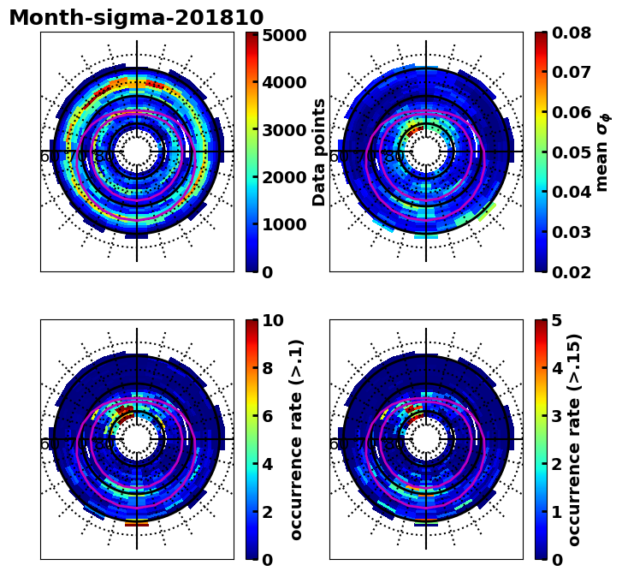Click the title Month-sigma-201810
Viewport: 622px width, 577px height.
click(x=136, y=18)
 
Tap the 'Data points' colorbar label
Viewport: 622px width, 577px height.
click(x=320, y=152)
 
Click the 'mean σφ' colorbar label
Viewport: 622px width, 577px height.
click(x=602, y=152)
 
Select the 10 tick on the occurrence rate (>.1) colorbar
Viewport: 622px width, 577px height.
click(x=273, y=321)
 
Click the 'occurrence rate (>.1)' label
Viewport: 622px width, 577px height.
click(x=296, y=439)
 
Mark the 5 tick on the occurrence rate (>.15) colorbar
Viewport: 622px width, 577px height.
click(x=557, y=321)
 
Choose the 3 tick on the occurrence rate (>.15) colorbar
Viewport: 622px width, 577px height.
click(x=557, y=416)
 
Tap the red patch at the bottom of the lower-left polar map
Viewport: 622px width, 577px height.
click(x=137, y=521)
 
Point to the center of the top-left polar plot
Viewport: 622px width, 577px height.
click(x=137, y=152)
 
